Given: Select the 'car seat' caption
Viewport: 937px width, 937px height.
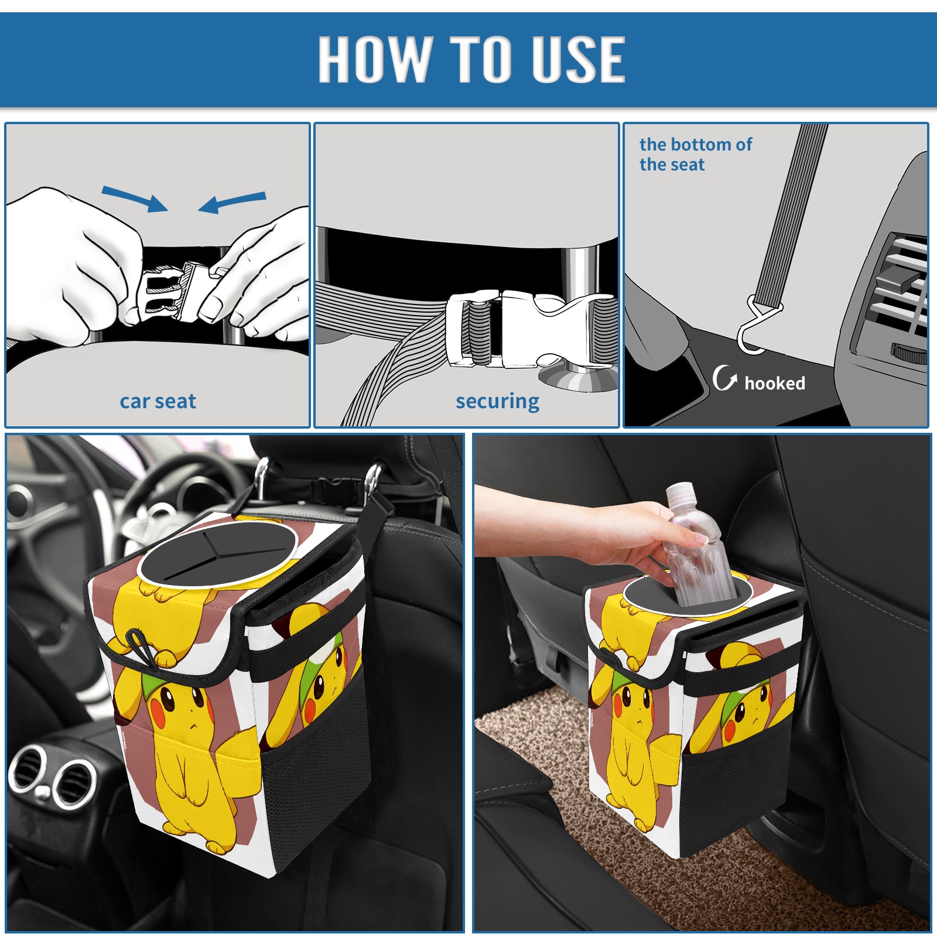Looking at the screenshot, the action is pos(158,401).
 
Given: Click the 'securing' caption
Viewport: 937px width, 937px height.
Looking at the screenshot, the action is pos(497,402).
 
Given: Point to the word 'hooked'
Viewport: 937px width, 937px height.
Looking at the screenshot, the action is pos(775,383).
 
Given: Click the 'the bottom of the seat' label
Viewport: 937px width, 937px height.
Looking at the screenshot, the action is pos(695,154).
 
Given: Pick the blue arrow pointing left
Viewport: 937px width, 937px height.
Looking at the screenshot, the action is pos(232,203).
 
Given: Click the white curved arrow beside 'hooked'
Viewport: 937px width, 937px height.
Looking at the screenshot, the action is pos(724,378).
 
